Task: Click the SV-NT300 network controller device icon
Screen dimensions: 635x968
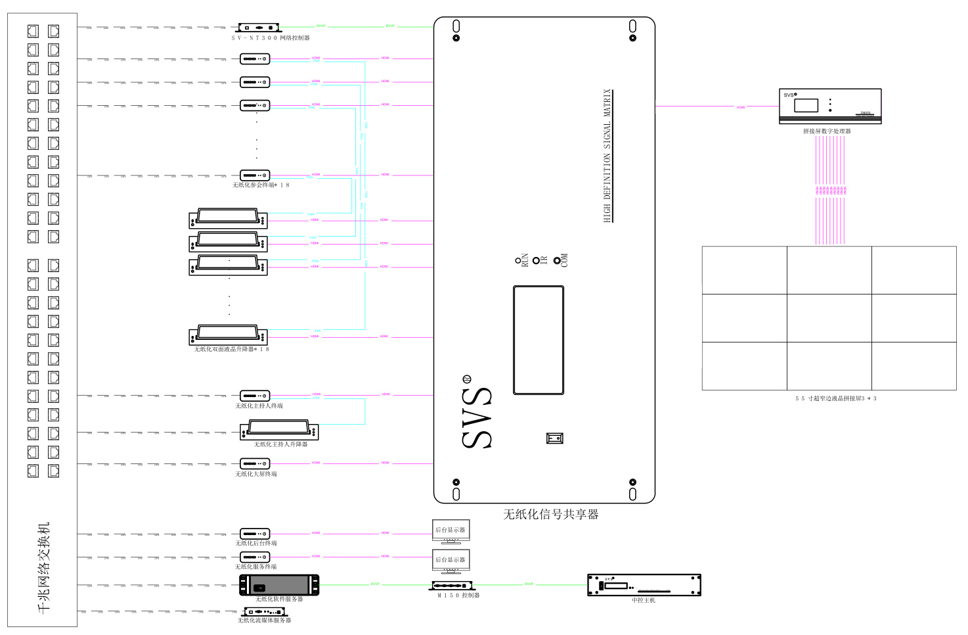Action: (x=259, y=28)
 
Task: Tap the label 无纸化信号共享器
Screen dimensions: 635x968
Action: (x=550, y=515)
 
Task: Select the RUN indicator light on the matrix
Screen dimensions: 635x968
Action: (x=518, y=261)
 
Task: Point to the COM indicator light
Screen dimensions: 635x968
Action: (x=557, y=261)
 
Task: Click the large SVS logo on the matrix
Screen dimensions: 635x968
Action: (x=477, y=418)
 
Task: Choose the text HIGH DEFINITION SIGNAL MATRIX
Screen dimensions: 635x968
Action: (x=607, y=156)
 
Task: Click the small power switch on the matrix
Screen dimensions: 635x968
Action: (x=556, y=438)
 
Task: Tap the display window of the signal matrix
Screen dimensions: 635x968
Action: (x=539, y=340)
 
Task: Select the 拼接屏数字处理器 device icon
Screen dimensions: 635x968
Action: (x=830, y=106)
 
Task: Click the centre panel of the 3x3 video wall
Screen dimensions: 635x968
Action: (x=829, y=318)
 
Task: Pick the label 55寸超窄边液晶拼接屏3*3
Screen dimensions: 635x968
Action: (x=835, y=398)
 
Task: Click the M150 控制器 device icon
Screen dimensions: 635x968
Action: (x=452, y=585)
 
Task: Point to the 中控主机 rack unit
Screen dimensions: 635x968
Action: (x=644, y=585)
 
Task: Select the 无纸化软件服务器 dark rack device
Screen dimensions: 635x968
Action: (x=279, y=584)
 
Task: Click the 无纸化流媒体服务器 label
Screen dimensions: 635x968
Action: (x=264, y=620)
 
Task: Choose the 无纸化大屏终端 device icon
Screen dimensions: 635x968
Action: (x=255, y=463)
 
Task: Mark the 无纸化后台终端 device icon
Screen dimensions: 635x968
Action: (x=255, y=534)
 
